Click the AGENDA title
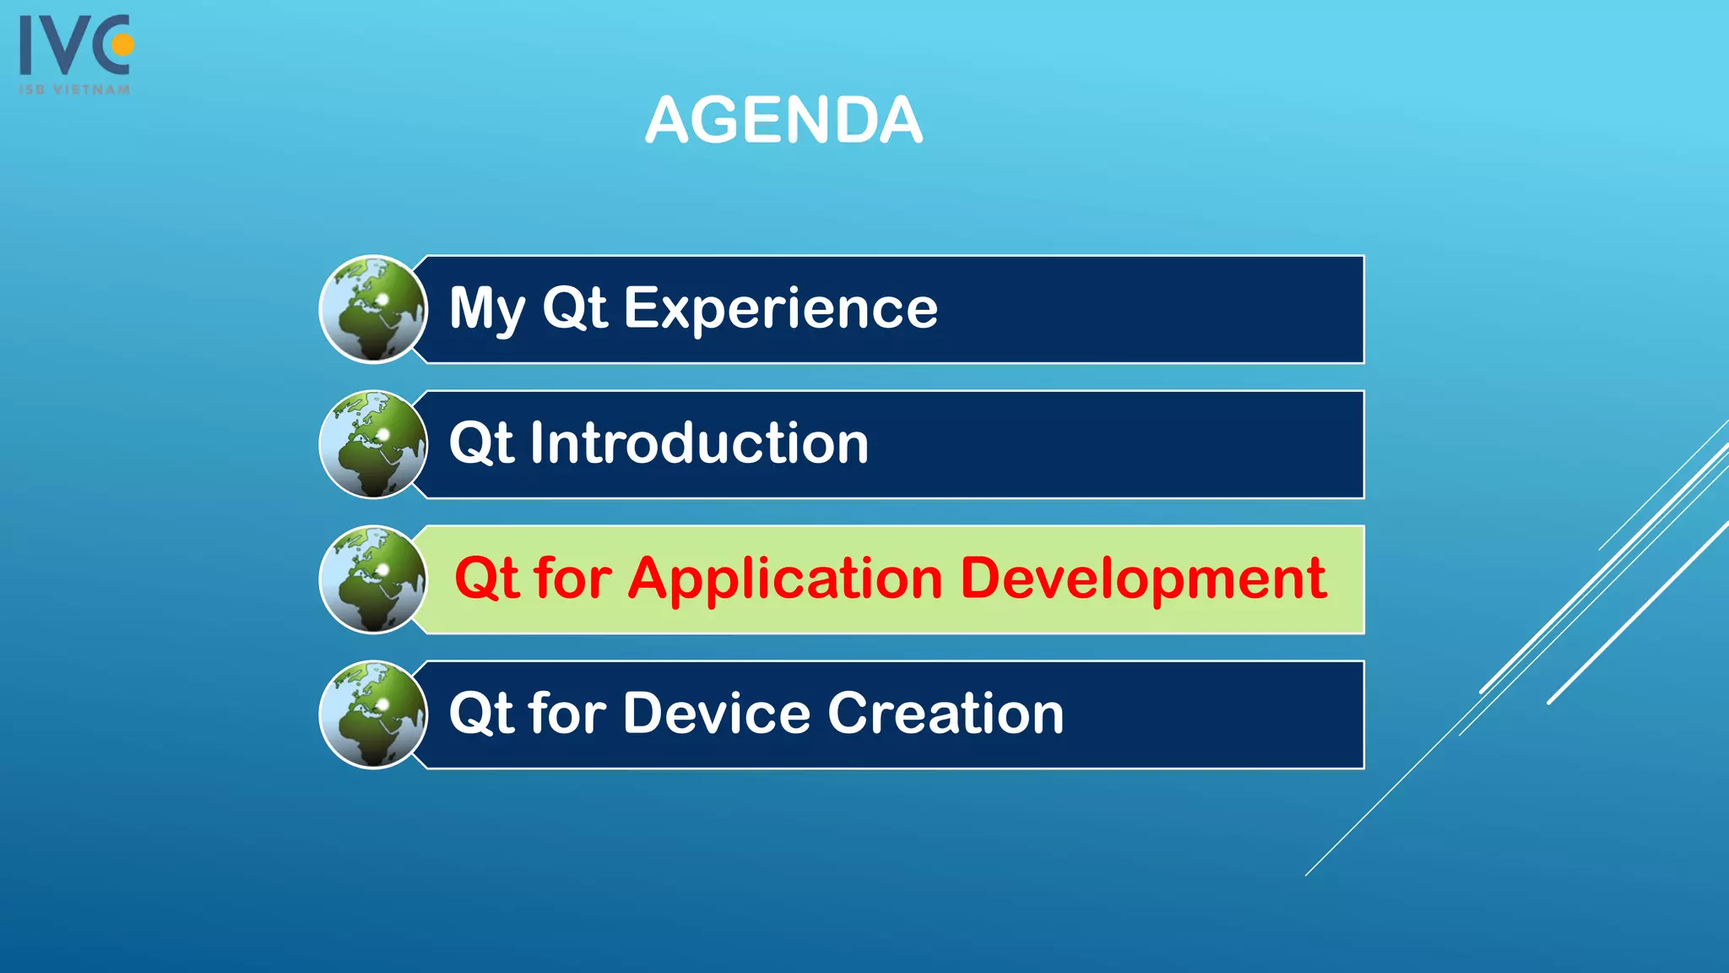coord(783,121)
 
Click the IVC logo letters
coord(68,46)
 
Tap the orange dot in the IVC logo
coord(123,44)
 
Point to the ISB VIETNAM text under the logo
coord(74,90)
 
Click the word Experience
coord(780,309)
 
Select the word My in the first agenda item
coord(487,309)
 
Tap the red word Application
coord(785,580)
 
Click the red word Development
coord(1143,580)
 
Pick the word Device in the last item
coord(717,714)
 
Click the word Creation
coord(946,714)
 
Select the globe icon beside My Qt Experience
coord(373,309)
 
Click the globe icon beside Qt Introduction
coord(373,444)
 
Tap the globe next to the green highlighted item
coord(373,579)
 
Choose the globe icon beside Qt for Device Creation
coord(373,715)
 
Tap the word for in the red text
coord(572,579)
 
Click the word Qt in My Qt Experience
coord(574,308)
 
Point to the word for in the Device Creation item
coord(567,714)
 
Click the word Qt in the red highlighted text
coord(486,579)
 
